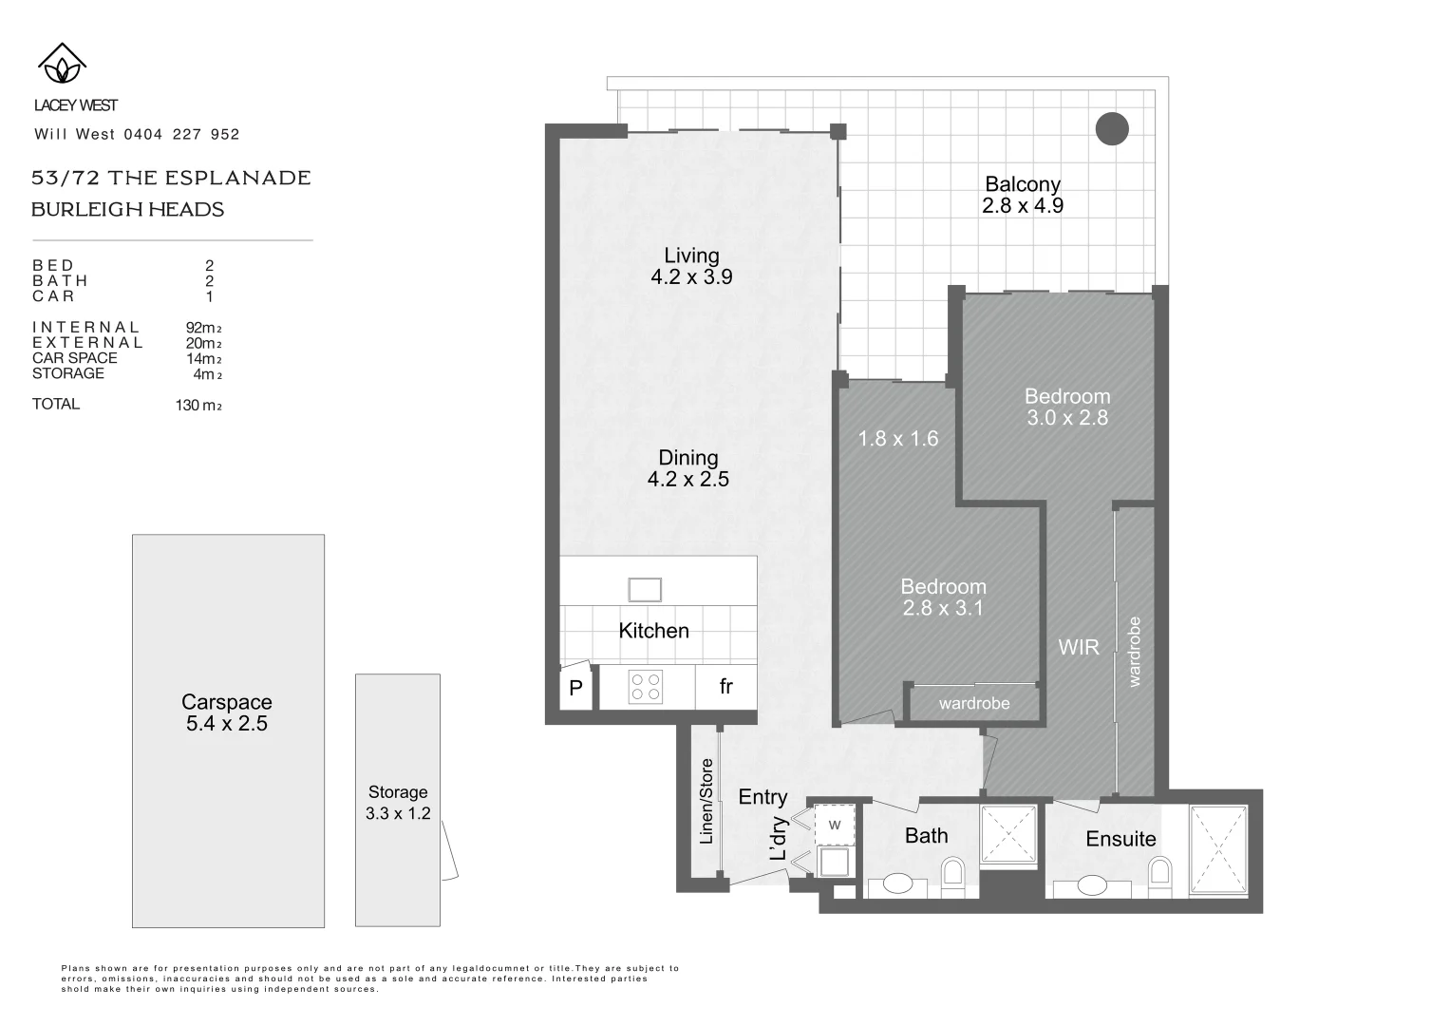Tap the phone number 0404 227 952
coord(181,135)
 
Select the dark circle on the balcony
coord(1112,128)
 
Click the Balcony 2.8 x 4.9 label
coord(1022,195)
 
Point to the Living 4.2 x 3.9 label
coord(691,266)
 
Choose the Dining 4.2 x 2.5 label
coord(688,468)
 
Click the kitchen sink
coord(645,590)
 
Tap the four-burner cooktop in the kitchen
coord(646,687)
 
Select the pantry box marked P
coord(575,688)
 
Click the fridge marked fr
coord(725,686)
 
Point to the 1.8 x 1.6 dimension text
coord(897,438)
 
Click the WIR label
coord(1079,647)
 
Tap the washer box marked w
coord(835,825)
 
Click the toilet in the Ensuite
coord(1159,873)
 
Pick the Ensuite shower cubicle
coord(1218,850)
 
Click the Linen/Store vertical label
coord(706,802)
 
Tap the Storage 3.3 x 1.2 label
coord(398,802)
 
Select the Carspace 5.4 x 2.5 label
coord(227,712)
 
